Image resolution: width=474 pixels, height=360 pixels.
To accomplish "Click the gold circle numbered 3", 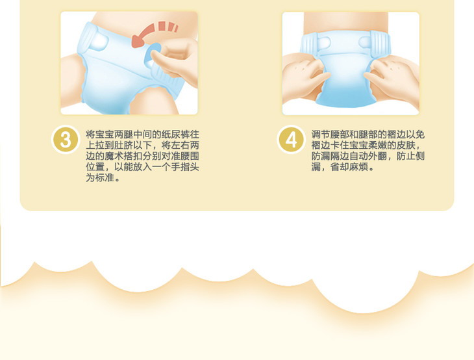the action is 66,140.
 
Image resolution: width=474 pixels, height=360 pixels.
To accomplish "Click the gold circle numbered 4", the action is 291,140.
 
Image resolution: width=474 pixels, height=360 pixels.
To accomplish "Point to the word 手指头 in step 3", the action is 184,167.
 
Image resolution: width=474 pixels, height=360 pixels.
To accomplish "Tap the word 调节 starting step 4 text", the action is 321,135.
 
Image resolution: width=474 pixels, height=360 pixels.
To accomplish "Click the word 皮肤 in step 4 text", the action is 406,146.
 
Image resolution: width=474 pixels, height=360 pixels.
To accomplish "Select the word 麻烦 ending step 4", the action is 358,167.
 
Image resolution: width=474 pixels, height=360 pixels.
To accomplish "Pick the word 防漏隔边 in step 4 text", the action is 330,157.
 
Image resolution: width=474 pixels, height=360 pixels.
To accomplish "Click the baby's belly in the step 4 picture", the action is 346,21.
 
